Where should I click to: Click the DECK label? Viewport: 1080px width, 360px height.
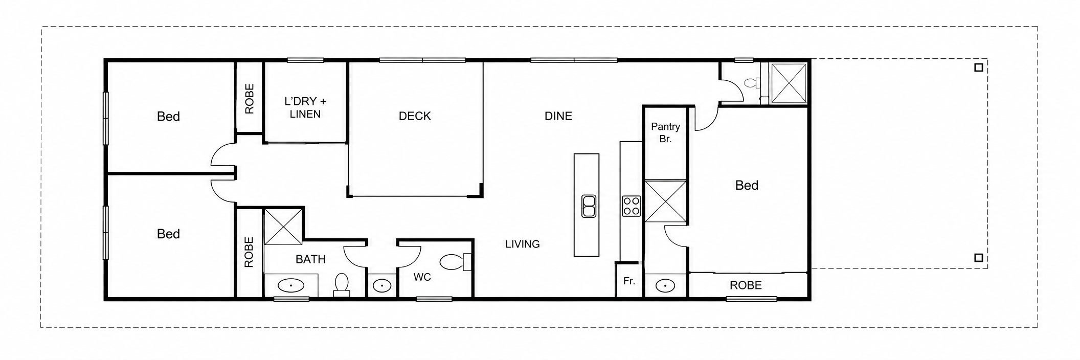point(415,116)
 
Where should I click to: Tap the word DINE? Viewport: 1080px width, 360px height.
point(558,116)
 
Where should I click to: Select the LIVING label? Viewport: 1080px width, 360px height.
point(523,244)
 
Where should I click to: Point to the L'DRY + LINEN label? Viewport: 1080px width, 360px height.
point(305,108)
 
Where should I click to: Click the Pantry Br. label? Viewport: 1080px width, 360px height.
point(665,132)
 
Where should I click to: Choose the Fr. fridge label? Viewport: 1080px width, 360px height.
point(629,281)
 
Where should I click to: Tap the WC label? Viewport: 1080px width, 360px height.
point(422,277)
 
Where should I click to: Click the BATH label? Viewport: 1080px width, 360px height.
point(311,259)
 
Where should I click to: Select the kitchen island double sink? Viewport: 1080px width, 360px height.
point(589,206)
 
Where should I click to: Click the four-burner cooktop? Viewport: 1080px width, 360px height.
point(632,206)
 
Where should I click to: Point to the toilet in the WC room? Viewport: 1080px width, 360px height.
point(455,262)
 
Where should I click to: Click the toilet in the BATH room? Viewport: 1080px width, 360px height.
point(342,285)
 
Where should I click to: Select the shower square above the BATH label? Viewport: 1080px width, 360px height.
point(283,226)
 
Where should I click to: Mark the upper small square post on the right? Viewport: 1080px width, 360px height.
point(979,67)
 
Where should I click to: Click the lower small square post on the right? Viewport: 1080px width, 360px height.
point(979,258)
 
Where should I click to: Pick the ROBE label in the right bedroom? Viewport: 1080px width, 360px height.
point(746,285)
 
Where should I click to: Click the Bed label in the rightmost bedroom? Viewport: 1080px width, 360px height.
point(747,186)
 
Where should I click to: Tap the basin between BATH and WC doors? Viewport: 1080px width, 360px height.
point(382,285)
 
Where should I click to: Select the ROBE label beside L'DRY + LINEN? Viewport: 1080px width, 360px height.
point(250,99)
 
